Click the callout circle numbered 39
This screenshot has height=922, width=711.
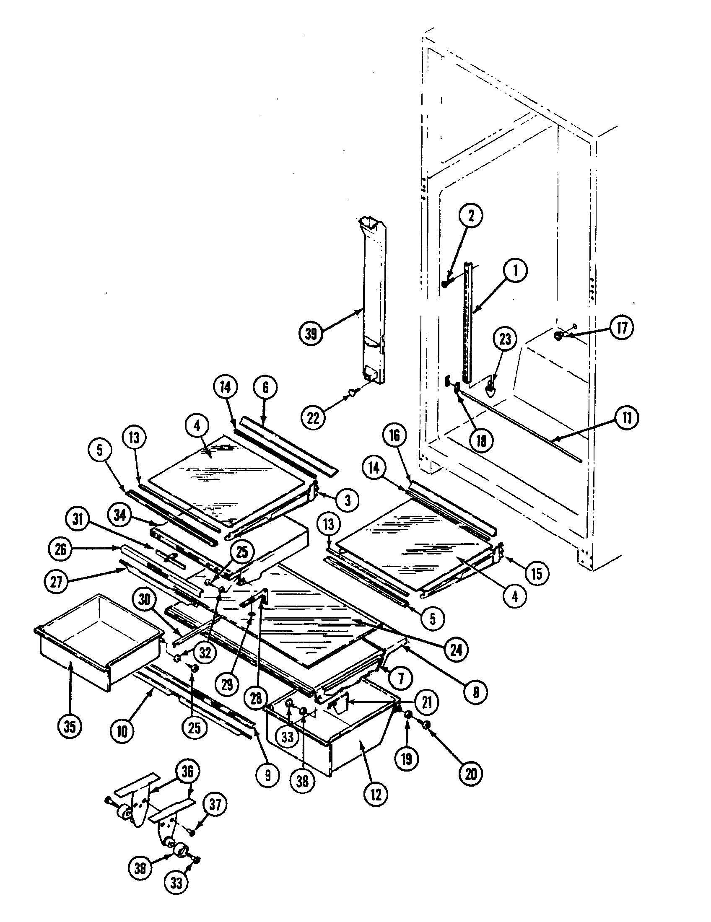[x=311, y=334]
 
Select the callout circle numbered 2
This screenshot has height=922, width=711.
[x=471, y=215]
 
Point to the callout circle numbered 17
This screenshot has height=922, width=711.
[x=622, y=328]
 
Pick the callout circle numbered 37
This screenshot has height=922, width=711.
[x=215, y=805]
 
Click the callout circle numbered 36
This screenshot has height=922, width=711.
[x=187, y=772]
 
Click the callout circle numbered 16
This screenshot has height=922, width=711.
[x=394, y=435]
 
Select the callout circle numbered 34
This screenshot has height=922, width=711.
[x=120, y=516]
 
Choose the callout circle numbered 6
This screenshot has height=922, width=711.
[x=265, y=388]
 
